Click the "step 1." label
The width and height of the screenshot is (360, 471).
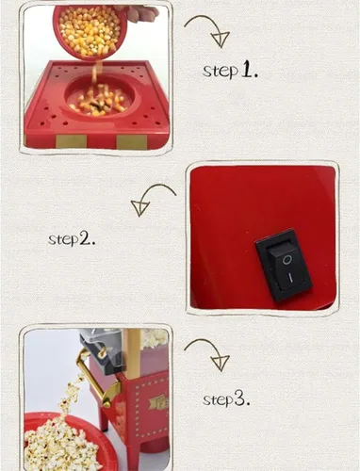[x=230, y=71]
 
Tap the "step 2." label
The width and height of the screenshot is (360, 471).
[x=72, y=239]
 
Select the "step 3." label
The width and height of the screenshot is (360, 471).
[x=226, y=399]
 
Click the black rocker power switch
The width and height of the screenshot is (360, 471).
[x=284, y=266]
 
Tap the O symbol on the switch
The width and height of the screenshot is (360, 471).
[x=286, y=260]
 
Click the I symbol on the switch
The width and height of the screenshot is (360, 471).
[x=291, y=278]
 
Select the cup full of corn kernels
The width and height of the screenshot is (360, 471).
[x=89, y=31]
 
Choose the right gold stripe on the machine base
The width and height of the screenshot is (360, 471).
[x=132, y=142]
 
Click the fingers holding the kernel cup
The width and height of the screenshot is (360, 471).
[x=139, y=12]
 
